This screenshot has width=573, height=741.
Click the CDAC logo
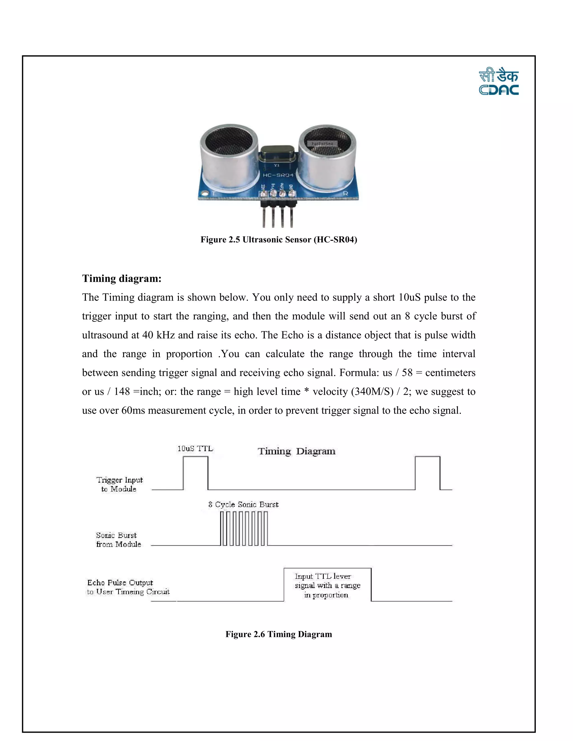coord(499,82)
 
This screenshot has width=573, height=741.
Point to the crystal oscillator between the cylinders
coord(277,153)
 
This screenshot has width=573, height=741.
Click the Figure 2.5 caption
coord(279,240)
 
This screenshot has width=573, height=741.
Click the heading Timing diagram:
coord(121,279)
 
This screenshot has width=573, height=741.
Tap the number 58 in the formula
coord(407,372)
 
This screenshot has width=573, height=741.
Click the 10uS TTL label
coord(195,449)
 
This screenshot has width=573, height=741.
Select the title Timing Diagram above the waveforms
coord(296,451)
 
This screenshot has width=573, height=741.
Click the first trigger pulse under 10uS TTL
coord(196,473)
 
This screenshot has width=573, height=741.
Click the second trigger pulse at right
coord(428,473)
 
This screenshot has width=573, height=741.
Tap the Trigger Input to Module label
coord(119,484)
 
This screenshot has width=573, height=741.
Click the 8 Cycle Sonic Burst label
coord(243,504)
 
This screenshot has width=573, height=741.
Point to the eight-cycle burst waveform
coord(244,528)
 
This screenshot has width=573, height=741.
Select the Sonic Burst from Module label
coord(118,539)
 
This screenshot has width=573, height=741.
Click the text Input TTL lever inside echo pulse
coord(323,576)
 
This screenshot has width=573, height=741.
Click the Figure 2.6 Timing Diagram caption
coord(279,634)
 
